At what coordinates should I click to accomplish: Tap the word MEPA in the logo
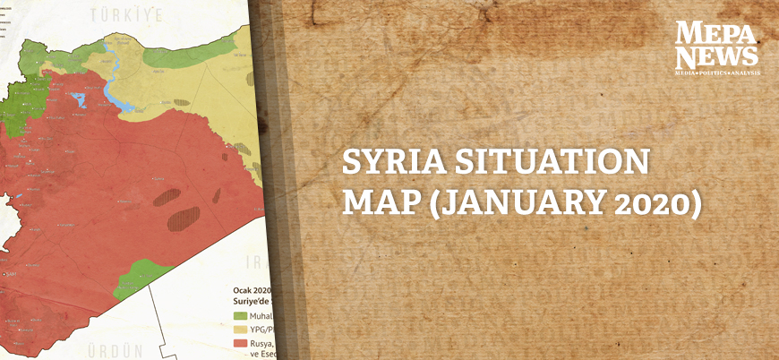pyautogui.click(x=716, y=34)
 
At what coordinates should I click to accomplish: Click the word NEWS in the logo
pyautogui.click(x=716, y=56)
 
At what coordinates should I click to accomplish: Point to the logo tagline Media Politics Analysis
pyautogui.click(x=716, y=71)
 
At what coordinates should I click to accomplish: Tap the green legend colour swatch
pyautogui.click(x=240, y=315)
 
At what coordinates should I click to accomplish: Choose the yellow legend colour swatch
pyautogui.click(x=240, y=329)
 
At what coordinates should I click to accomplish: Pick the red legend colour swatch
pyautogui.click(x=240, y=343)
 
